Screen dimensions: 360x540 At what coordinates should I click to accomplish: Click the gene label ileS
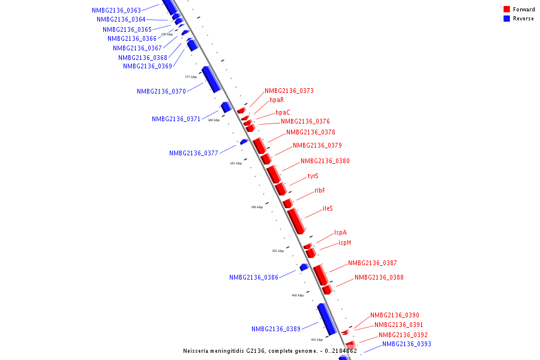pos(328,209)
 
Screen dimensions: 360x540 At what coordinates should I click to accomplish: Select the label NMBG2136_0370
pos(161,92)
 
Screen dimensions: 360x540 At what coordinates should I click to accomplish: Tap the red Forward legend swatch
pos(506,10)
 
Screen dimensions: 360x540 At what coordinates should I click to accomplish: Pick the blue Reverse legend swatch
pos(506,19)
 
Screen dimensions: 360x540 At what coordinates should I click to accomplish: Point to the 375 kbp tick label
pos(191,77)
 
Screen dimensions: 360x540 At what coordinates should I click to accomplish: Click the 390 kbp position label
pos(257,207)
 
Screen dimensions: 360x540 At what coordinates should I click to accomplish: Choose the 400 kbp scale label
pos(298,295)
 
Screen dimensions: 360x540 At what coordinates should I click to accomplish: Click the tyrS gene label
pos(313,176)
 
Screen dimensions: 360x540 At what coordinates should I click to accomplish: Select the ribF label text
pos(320,191)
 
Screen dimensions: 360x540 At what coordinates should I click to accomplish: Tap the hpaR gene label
pos(277,100)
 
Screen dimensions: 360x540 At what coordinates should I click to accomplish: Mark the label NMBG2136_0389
pos(276,329)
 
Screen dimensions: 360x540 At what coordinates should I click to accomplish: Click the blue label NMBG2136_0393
pos(407,344)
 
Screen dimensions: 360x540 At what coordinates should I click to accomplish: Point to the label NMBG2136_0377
pos(194,154)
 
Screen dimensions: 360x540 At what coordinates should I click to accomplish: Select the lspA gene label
pos(340,233)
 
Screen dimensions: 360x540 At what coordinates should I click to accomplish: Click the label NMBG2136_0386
pos(254,278)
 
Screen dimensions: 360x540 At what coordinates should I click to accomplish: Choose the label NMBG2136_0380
pos(325,161)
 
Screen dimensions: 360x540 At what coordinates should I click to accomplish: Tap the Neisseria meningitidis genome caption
pos(270,351)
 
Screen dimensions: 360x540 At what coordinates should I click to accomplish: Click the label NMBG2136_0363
pos(116,10)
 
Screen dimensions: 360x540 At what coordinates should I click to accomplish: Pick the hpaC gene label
pos(283,113)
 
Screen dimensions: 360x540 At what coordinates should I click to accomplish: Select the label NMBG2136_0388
pos(379,278)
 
